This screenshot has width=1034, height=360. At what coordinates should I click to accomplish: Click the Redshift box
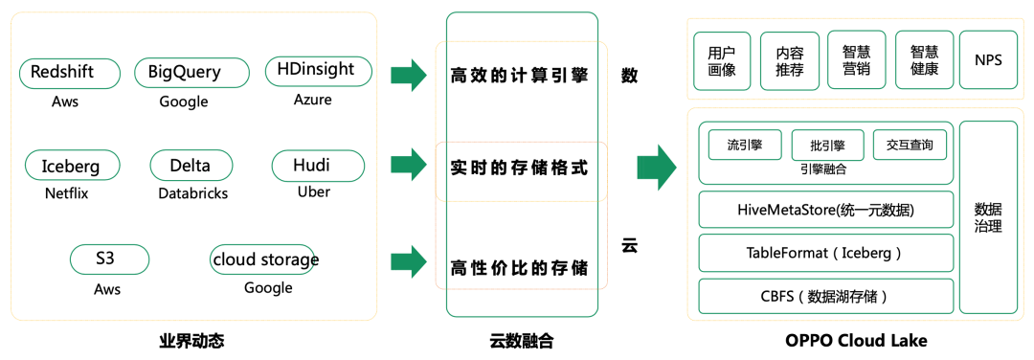(70, 74)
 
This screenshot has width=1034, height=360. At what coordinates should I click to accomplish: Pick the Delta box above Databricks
(191, 167)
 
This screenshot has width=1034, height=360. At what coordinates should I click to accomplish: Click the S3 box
(110, 259)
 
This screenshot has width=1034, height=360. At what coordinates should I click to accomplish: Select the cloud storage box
(263, 259)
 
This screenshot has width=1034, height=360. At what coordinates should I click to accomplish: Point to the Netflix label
(66, 193)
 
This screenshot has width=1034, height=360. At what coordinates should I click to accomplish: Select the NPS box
(988, 60)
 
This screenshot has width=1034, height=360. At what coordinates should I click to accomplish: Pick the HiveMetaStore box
(826, 210)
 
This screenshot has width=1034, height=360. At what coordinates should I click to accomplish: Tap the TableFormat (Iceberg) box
(826, 253)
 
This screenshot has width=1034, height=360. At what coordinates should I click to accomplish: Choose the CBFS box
(826, 296)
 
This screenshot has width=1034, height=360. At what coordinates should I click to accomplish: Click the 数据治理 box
(988, 217)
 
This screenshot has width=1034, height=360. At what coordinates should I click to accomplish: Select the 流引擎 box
(743, 146)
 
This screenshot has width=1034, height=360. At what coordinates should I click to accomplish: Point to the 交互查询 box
(910, 146)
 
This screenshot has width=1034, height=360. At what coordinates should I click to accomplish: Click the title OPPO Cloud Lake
(856, 341)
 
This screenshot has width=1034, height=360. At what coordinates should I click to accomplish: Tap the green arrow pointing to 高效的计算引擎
(408, 75)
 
